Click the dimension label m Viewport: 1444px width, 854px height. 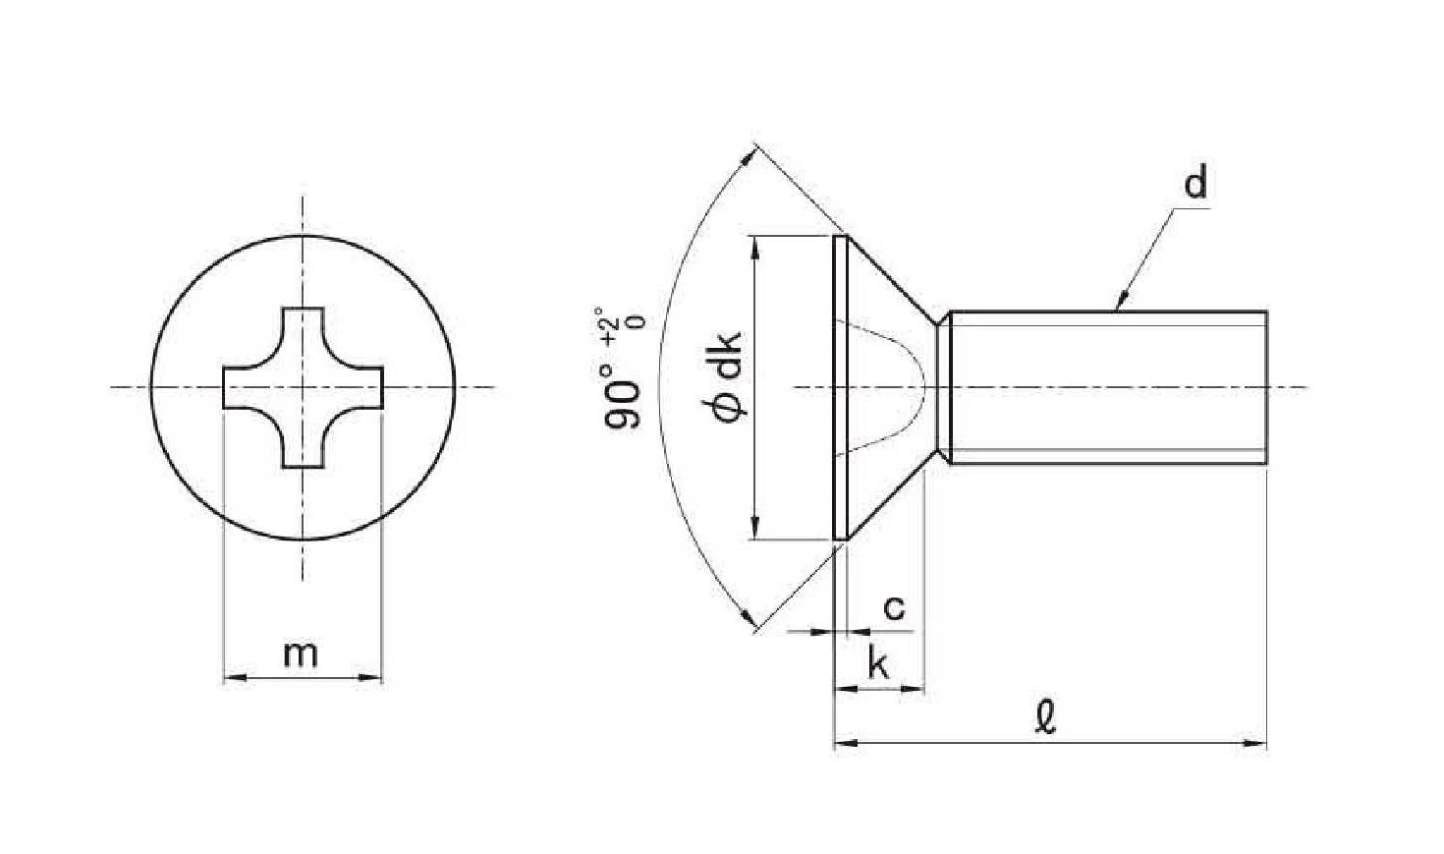pyautogui.click(x=301, y=655)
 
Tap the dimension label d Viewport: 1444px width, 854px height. pyautogui.click(x=1195, y=183)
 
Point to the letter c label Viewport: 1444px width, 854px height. pyautogui.click(x=894, y=607)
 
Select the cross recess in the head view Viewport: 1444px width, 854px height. pyautogui.click(x=303, y=387)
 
